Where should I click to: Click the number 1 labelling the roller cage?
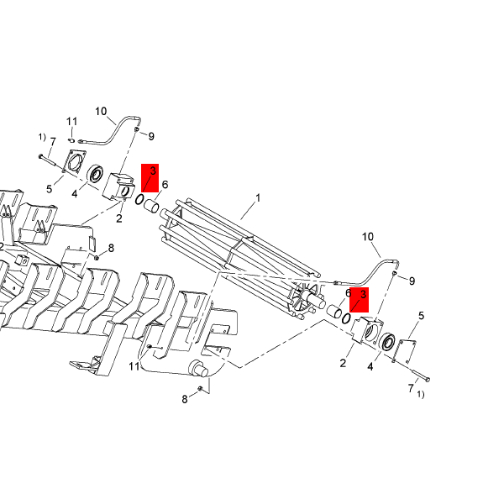pyautogui.click(x=258, y=198)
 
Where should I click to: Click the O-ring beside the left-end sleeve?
pyautogui.click(x=139, y=200)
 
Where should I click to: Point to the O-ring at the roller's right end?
pyautogui.click(x=346, y=318)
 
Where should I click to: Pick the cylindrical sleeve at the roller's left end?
pyautogui.click(x=151, y=206)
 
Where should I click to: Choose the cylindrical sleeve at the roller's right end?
pyautogui.click(x=334, y=311)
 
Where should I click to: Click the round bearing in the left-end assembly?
pyautogui.click(x=95, y=174)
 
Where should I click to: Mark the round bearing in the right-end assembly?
pyautogui.click(x=387, y=342)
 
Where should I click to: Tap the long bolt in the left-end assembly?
pyautogui.click(x=48, y=160)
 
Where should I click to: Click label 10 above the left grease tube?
pyautogui.click(x=101, y=112)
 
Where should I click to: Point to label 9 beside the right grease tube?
pyautogui.click(x=412, y=281)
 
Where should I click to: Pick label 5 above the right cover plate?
pyautogui.click(x=422, y=316)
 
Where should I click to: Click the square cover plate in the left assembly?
pyautogui.click(x=75, y=160)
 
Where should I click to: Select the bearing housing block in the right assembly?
pyautogui.click(x=367, y=331)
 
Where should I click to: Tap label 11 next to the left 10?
pyautogui.click(x=72, y=122)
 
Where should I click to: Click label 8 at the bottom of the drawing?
pyautogui.click(x=185, y=399)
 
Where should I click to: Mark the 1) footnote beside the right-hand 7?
pyautogui.click(x=421, y=395)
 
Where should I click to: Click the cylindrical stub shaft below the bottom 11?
pyautogui.click(x=198, y=369)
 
